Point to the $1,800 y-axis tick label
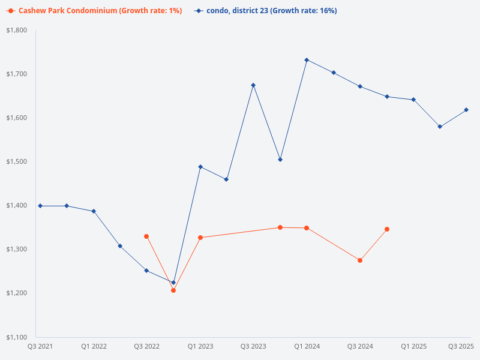(18, 30)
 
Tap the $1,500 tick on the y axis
(18, 161)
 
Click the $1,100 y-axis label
(18, 337)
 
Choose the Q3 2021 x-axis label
(40, 346)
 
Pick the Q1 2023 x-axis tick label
(200, 346)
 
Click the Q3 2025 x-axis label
(461, 346)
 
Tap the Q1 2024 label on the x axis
(307, 346)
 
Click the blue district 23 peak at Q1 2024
(307, 60)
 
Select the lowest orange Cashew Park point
(173, 290)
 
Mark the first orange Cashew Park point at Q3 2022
(146, 236)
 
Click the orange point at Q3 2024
(360, 260)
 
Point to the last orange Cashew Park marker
(387, 229)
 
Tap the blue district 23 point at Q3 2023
(253, 85)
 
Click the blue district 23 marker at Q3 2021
(40, 206)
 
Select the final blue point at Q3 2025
(466, 110)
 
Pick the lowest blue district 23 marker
(173, 283)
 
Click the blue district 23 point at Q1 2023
(200, 167)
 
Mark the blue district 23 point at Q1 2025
(413, 100)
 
